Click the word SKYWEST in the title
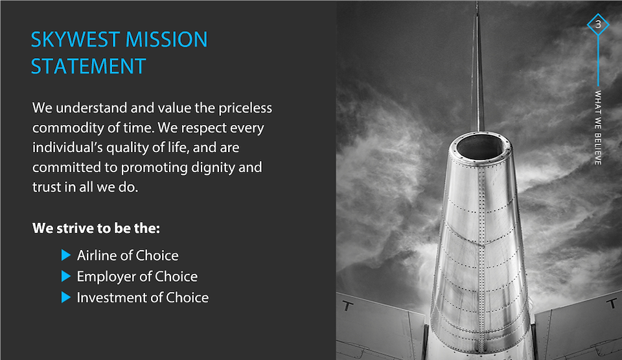75,39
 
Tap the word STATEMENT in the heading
89,66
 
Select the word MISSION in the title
167,39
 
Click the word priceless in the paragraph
245,108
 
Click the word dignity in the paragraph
213,168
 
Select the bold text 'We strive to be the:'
96,229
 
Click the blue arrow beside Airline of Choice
66,255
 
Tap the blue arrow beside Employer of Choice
66,276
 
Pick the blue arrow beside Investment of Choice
66,297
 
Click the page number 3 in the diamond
598,24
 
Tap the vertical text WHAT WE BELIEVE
598,128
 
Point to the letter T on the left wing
347,306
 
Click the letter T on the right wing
612,304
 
